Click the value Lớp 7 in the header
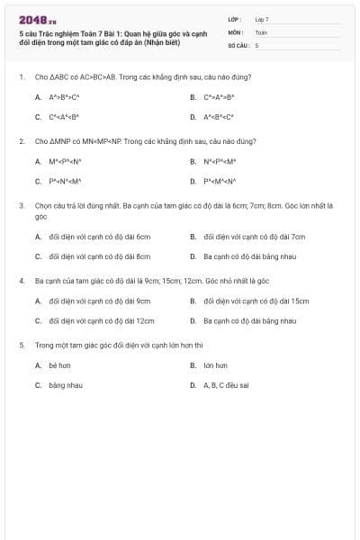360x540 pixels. pyautogui.click(x=262, y=19)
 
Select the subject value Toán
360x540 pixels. pyautogui.click(x=261, y=31)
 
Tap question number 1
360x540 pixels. pyautogui.click(x=21, y=77)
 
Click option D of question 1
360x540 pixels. pyautogui.click(x=219, y=117)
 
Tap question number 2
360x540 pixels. pyautogui.click(x=21, y=141)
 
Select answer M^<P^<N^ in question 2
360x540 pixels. pyautogui.click(x=65, y=162)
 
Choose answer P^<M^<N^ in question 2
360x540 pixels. pyautogui.click(x=219, y=181)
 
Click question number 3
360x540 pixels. pyautogui.click(x=21, y=205)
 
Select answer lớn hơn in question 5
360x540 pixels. pyautogui.click(x=215, y=365)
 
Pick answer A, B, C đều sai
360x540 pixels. pyautogui.click(x=226, y=385)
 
